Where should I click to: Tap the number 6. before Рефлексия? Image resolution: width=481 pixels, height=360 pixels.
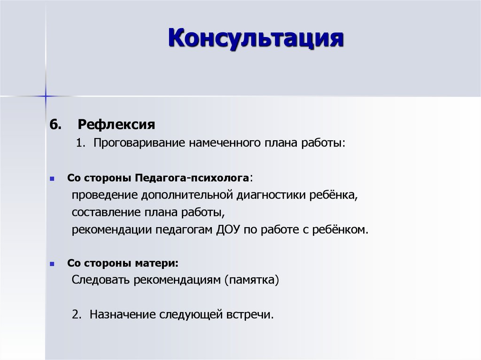pyautogui.click(x=55, y=125)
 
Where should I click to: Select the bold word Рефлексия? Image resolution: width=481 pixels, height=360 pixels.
pyautogui.click(x=116, y=125)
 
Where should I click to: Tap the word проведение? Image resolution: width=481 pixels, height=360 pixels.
pyautogui.click(x=102, y=195)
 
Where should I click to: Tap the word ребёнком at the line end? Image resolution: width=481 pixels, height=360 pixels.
pyautogui.click(x=341, y=230)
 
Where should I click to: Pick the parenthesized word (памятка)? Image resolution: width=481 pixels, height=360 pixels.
pyautogui.click(x=251, y=281)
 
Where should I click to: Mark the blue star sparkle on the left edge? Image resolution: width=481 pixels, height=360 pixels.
pyautogui.click(x=46, y=96)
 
